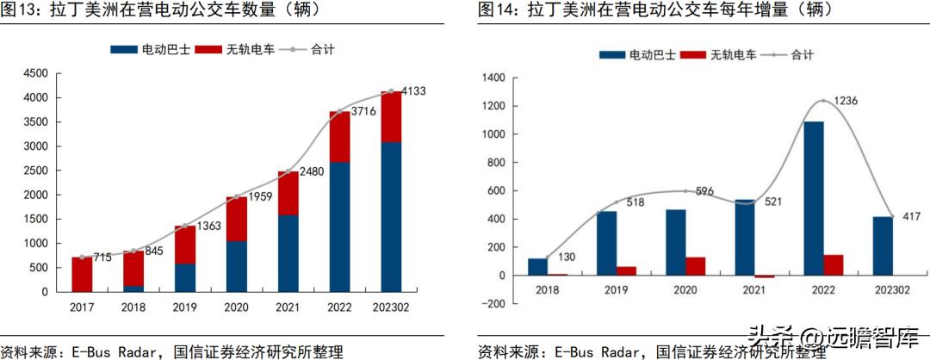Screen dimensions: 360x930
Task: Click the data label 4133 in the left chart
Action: pyautogui.click(x=416, y=91)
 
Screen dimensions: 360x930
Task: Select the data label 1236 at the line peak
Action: pyautogui.click(x=841, y=101)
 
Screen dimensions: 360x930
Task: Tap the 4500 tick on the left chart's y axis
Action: pyautogui.click(x=35, y=74)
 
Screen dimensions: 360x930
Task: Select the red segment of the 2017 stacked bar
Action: pyautogui.click(x=82, y=274)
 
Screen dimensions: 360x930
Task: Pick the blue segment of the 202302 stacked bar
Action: pyautogui.click(x=391, y=216)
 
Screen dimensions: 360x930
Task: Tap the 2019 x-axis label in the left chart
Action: pyautogui.click(x=185, y=307)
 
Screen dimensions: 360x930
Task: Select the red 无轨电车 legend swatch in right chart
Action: pyautogui.click(x=692, y=55)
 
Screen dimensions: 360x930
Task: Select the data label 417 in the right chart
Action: pyautogui.click(x=908, y=216)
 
